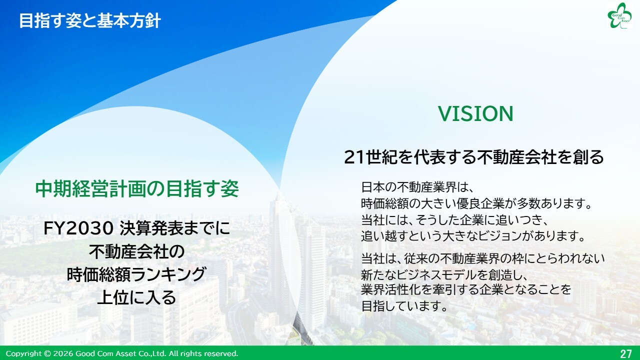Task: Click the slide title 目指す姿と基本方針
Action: pyautogui.click(x=90, y=21)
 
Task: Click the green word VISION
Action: pyautogui.click(x=475, y=113)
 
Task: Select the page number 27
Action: pyautogui.click(x=625, y=353)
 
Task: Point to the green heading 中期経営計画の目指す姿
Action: pyautogui.click(x=137, y=189)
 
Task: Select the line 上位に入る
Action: pyautogui.click(x=136, y=297)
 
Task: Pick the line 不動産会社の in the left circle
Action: pyautogui.click(x=136, y=251)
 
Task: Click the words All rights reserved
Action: pyautogui.click(x=203, y=353)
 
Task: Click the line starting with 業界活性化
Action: pyautogui.click(x=466, y=289)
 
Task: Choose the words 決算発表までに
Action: pyautogui.click(x=175, y=229)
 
